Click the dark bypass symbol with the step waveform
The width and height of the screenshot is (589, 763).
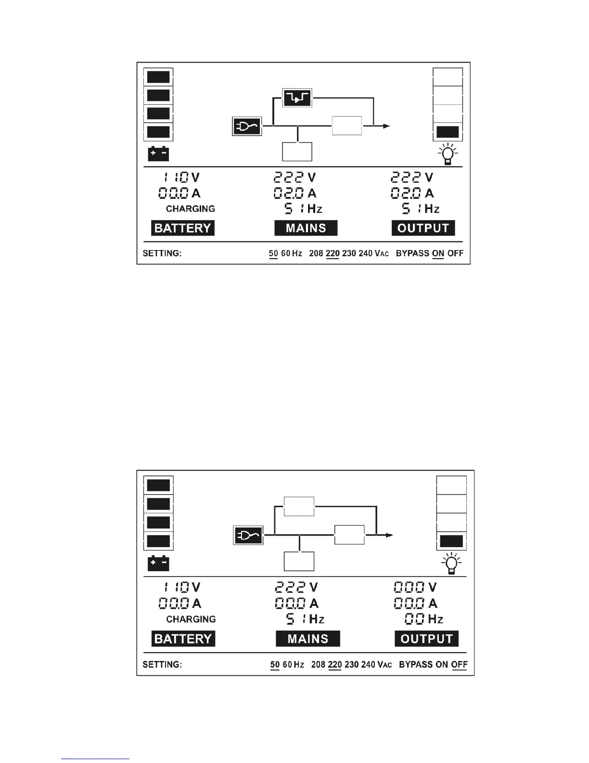pyautogui.click(x=297, y=98)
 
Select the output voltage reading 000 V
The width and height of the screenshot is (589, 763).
pyautogui.click(x=415, y=587)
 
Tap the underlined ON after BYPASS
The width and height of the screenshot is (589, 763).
pyautogui.click(x=438, y=253)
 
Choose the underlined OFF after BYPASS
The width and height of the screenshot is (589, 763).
pyautogui.click(x=459, y=664)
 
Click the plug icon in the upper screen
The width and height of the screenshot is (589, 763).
pyautogui.click(x=247, y=126)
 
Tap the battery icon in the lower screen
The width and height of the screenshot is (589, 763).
pyautogui.click(x=158, y=563)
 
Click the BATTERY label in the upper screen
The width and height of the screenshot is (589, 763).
pyautogui.click(x=183, y=228)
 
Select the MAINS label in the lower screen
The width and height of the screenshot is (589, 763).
pyautogui.click(x=307, y=639)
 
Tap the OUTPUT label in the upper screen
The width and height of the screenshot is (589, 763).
pyautogui.click(x=423, y=228)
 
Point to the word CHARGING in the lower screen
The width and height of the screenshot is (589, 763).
pyautogui.click(x=191, y=619)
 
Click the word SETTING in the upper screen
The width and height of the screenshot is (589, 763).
pyautogui.click(x=162, y=253)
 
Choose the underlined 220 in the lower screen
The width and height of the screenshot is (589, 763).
pyautogui.click(x=334, y=664)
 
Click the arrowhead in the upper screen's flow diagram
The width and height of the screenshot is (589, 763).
pyautogui.click(x=386, y=126)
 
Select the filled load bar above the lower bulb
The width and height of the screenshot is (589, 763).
pyautogui.click(x=451, y=541)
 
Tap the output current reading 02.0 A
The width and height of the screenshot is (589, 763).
pyautogui.click(x=412, y=193)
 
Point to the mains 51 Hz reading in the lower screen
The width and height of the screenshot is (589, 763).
pyautogui.click(x=305, y=619)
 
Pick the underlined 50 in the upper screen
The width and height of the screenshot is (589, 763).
pyautogui.click(x=273, y=253)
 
